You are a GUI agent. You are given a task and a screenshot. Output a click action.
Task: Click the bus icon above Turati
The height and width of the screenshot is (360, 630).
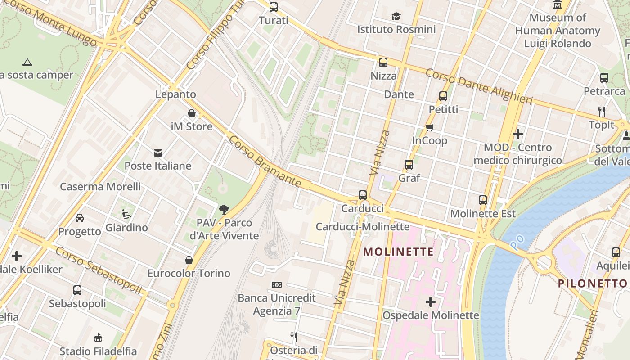pos(273,7)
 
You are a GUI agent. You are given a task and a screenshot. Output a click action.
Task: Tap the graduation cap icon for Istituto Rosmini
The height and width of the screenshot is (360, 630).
pos(396,17)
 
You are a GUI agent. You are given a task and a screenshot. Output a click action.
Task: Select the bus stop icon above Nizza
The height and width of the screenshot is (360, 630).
pos(383,63)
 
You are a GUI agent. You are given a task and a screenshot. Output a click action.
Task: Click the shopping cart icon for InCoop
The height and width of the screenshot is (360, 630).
pos(429,128)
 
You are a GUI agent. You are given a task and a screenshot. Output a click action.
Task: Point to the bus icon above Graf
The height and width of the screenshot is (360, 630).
pos(409,165)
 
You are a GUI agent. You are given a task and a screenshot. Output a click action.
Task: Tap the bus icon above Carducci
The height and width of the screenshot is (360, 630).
pos(363,195)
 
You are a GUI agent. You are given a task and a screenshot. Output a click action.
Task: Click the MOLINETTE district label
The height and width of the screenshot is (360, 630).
pos(398,252)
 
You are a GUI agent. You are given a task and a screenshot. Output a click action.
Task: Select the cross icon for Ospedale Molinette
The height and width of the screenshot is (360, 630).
pos(431,302)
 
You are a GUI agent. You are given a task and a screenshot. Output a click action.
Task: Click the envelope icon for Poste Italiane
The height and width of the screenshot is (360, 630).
pos(158,153)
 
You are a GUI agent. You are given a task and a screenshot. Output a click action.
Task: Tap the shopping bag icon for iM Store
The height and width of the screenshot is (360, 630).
pos(192,113)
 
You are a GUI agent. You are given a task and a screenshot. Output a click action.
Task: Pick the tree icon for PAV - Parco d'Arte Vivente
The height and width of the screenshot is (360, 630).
pos(224,209)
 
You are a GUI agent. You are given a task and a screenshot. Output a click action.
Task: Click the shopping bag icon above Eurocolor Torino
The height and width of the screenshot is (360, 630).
pos(189,260)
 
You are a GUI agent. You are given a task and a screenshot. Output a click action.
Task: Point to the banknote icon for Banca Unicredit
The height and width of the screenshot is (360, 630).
pos(277,285)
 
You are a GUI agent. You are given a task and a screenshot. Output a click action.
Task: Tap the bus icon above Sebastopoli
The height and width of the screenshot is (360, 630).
pos(77,290)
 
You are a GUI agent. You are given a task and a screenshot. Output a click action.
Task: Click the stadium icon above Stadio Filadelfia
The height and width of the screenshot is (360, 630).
pos(98,337)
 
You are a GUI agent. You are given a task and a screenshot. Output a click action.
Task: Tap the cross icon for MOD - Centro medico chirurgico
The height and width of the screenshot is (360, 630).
pos(518,134)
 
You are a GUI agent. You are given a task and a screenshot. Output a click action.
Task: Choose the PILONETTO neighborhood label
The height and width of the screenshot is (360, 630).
pos(592,283)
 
